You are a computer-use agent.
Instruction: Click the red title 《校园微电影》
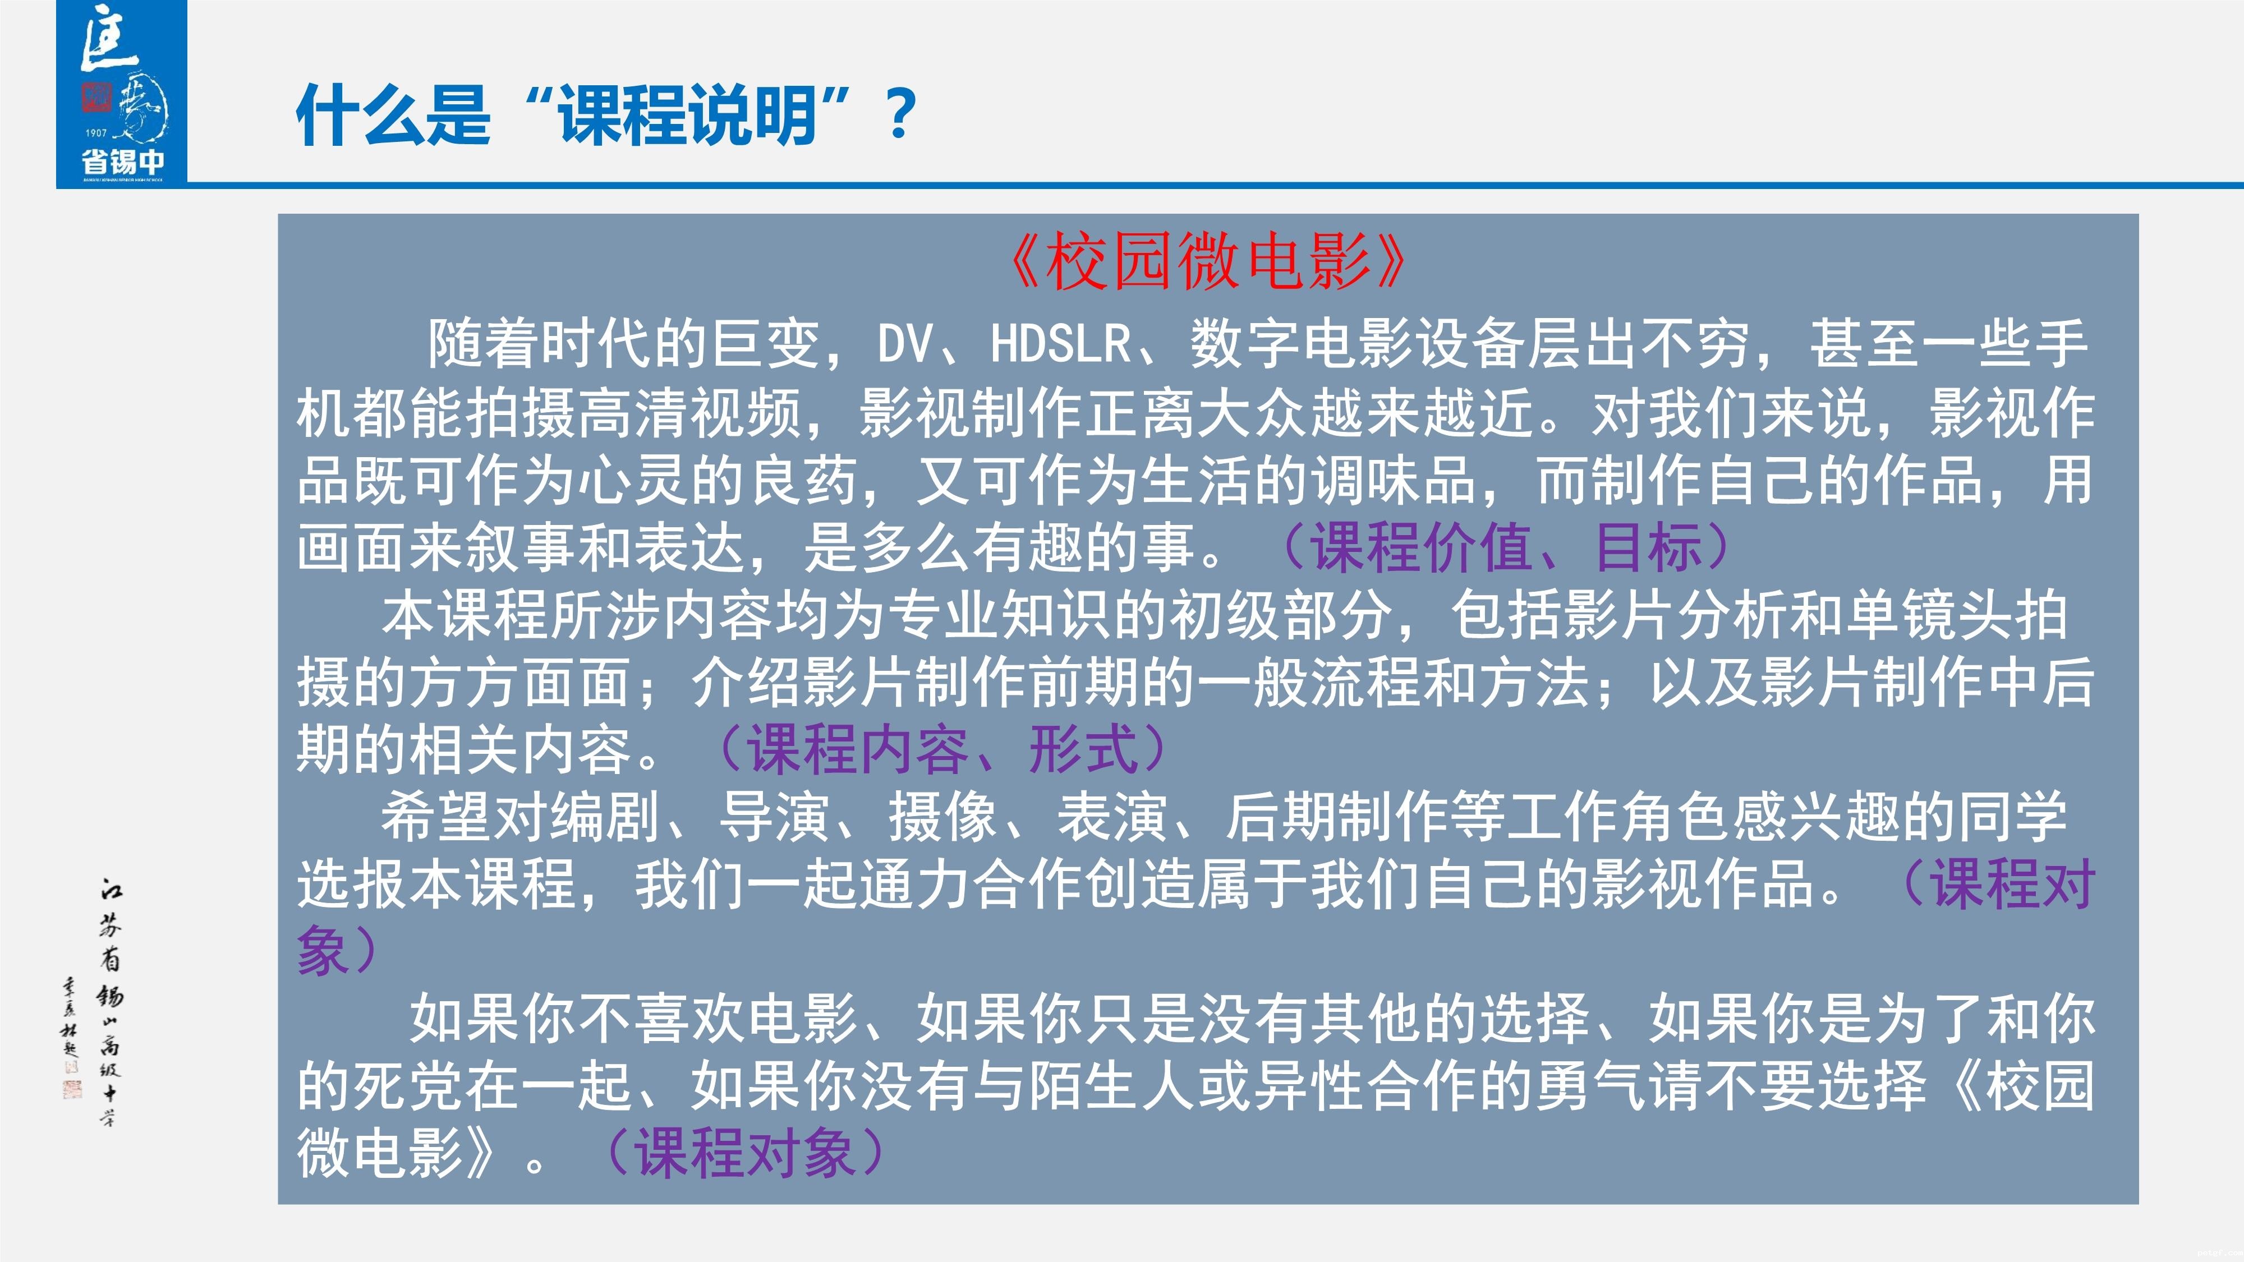[1207, 262]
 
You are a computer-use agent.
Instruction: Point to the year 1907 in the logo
[96, 133]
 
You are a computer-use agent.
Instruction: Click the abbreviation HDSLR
[1060, 343]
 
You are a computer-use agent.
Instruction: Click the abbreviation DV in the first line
[905, 343]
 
